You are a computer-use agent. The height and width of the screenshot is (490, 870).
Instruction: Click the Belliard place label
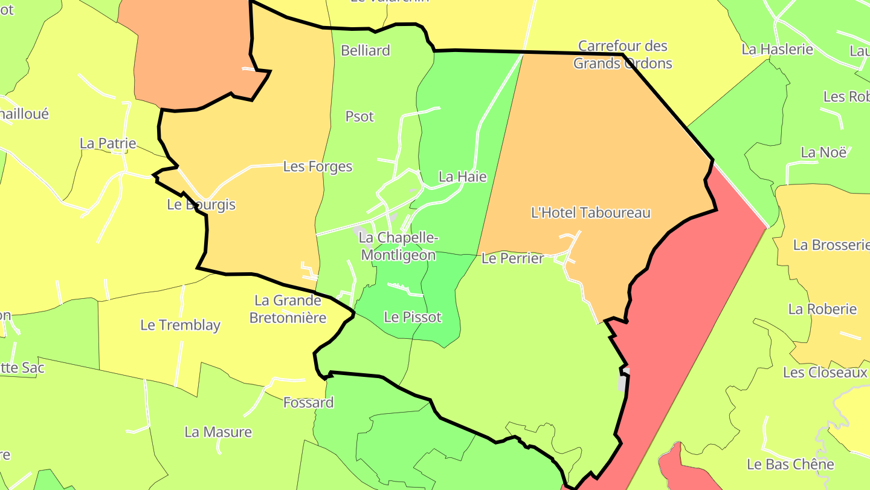[366, 50]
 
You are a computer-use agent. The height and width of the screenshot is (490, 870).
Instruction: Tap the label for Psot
[359, 116]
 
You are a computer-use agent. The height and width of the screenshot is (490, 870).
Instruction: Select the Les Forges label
[318, 166]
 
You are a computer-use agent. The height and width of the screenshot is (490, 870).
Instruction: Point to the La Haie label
[462, 177]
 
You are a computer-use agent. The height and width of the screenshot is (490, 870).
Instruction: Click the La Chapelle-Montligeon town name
[399, 246]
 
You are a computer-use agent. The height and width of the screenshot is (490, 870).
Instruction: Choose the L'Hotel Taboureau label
[590, 212]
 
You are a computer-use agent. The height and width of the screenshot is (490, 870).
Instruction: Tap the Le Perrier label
[512, 258]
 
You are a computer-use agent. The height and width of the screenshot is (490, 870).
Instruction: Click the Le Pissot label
[413, 317]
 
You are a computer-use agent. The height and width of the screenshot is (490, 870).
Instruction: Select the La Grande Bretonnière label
[288, 309]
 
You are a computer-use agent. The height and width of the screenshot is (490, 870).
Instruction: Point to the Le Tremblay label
[180, 325]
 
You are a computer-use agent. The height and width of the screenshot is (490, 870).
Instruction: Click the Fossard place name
[308, 402]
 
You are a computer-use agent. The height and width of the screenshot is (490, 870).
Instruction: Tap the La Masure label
[218, 432]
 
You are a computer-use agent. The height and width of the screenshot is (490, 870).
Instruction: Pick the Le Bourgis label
[201, 204]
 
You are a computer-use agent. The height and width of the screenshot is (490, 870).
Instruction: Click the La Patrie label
[108, 143]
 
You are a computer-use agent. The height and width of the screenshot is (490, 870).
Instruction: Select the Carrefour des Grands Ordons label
[622, 54]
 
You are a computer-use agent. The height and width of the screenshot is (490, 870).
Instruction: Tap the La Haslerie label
[778, 50]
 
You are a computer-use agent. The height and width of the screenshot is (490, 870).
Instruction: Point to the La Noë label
[823, 152]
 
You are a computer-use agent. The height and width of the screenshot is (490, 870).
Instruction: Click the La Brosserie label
[830, 245]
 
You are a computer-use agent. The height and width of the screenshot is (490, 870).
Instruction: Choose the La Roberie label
[822, 309]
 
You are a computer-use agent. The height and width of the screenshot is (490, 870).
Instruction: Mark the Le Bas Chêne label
[790, 465]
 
